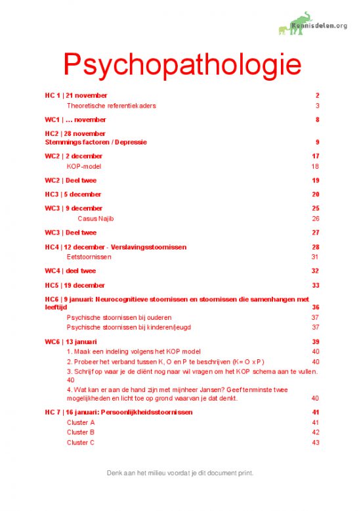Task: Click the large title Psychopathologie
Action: [182, 65]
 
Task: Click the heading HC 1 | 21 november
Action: [76, 95]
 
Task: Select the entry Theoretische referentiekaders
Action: [112, 105]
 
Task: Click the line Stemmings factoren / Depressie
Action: [96, 142]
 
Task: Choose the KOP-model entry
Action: [83, 167]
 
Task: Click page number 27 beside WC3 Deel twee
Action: [315, 233]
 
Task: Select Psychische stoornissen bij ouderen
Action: [120, 317]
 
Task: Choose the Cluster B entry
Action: [81, 432]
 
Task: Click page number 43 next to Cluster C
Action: [315, 443]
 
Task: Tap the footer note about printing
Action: [180, 472]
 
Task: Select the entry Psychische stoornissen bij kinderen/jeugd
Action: [129, 327]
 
